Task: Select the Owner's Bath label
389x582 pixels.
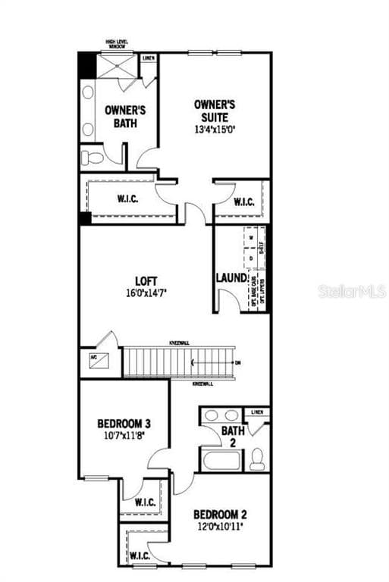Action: (x=125, y=116)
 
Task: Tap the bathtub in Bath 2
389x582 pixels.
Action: (x=221, y=459)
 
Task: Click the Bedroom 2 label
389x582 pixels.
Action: (x=221, y=513)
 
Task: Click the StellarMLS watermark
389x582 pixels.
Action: (x=353, y=291)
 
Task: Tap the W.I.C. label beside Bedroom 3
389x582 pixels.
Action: (x=145, y=502)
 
